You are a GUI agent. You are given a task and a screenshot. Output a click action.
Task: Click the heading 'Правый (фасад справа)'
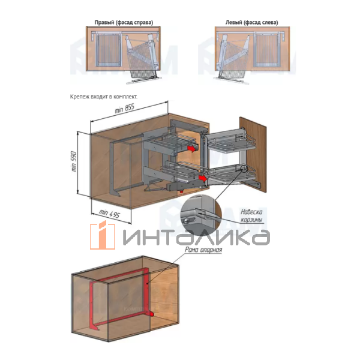click(x=124, y=23)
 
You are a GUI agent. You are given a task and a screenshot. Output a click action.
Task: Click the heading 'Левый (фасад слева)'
click(x=251, y=23)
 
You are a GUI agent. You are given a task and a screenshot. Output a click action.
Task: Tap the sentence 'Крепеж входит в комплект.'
click(x=104, y=97)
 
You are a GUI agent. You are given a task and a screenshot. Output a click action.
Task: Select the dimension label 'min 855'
click(x=124, y=109)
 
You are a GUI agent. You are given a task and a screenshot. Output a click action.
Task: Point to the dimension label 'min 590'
click(x=74, y=161)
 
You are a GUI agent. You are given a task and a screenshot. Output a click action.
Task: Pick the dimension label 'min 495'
click(x=110, y=214)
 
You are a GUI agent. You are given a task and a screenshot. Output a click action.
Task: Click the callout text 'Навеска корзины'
click(x=251, y=215)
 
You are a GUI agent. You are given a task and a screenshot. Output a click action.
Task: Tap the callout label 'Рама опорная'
click(x=203, y=250)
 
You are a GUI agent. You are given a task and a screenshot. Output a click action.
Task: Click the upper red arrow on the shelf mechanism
click(x=191, y=149)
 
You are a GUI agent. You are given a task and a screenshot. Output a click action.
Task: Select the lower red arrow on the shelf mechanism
click(x=202, y=178)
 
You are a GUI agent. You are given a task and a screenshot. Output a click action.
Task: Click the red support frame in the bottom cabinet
click(x=122, y=298)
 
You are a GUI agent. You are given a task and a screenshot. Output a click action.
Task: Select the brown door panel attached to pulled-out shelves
click(x=253, y=155)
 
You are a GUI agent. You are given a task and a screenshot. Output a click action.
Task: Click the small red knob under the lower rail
click(x=181, y=191)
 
